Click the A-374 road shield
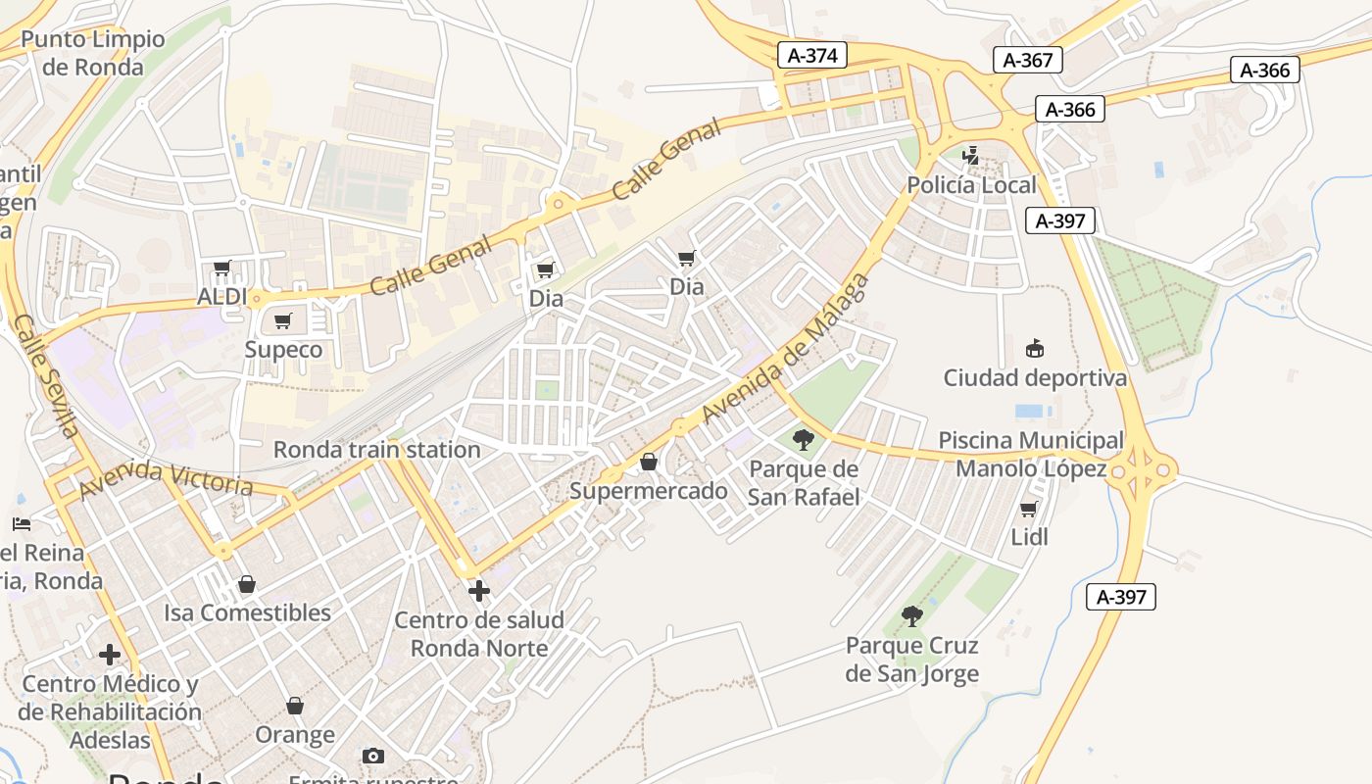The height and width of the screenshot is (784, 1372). tap(812, 55)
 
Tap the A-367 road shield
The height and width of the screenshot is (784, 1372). tap(1028, 60)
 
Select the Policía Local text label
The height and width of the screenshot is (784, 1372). tap(971, 185)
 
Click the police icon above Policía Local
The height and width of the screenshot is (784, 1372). tap(971, 155)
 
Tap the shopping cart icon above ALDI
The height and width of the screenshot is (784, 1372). tap(222, 268)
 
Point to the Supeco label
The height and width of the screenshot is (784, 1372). tap(283, 350)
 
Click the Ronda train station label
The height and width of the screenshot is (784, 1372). tap(376, 450)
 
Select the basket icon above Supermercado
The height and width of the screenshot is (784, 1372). tap(648, 462)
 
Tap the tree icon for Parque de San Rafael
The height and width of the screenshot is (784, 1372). tap(804, 440)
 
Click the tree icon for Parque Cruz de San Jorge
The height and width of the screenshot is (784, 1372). tap(911, 615)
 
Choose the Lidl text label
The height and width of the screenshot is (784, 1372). tap(1029, 537)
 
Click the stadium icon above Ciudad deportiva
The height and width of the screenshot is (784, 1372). tap(1034, 348)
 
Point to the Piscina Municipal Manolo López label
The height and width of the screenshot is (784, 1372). tap(1031, 455)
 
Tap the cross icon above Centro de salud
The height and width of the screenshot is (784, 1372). tap(478, 591)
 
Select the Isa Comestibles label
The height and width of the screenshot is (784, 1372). tap(247, 612)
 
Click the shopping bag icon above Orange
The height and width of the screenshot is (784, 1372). tap(295, 706)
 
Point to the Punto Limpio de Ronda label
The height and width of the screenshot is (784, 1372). tap(93, 53)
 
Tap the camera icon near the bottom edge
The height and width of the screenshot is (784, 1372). tap(372, 756)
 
